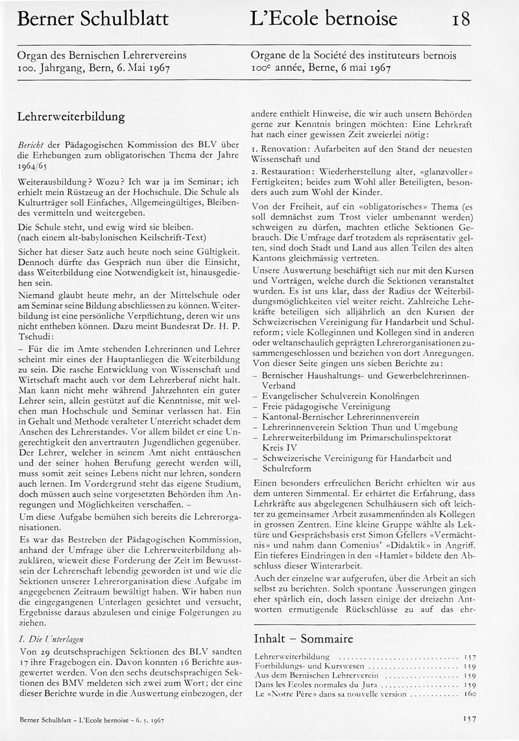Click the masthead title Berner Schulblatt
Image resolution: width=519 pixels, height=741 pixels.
point(92,19)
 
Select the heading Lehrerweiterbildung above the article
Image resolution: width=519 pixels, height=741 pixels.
point(71,117)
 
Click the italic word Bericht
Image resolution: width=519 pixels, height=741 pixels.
point(30,148)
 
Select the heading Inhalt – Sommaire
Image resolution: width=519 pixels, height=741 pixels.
point(303,638)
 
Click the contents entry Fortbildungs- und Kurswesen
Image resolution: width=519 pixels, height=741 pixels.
point(302,666)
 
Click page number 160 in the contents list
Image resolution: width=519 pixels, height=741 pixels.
point(470,693)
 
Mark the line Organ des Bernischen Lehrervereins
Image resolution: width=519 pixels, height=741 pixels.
point(102,56)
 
